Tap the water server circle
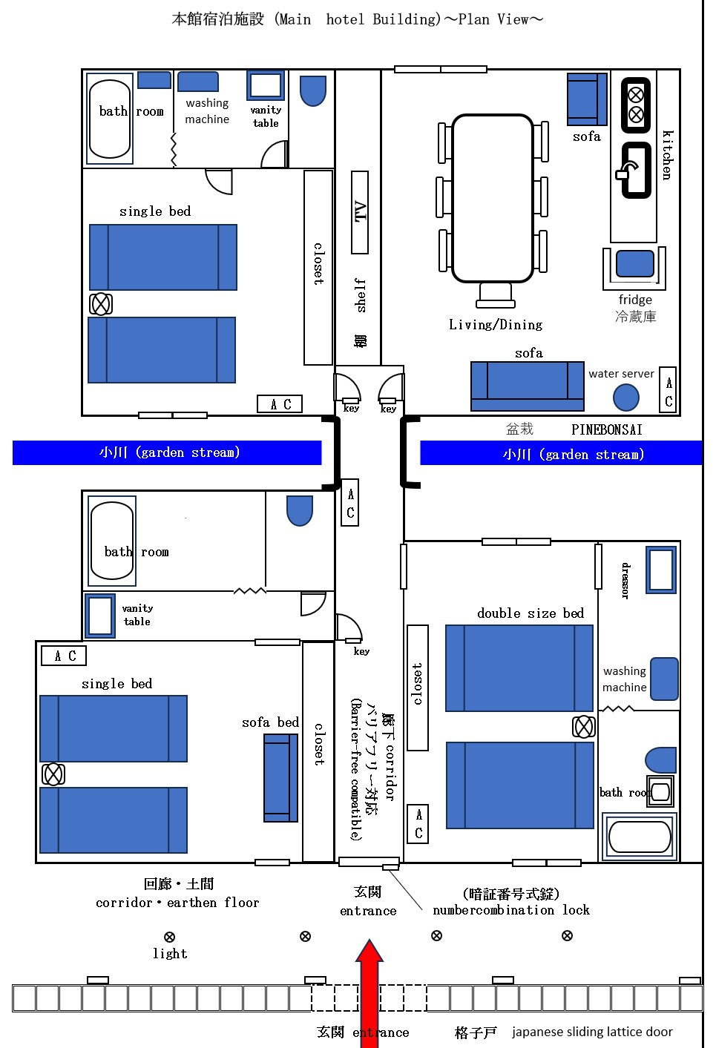click(625, 398)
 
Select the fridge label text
click(635, 300)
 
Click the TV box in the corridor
click(360, 212)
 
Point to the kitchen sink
click(636, 171)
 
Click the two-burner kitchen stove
click(636, 105)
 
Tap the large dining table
click(493, 198)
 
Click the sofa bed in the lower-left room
click(280, 777)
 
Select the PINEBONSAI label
click(606, 429)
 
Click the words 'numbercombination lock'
click(511, 910)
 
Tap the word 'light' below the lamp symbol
click(170, 954)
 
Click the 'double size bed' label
click(531, 613)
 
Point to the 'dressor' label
click(625, 581)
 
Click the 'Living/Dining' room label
click(496, 325)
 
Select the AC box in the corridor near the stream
click(350, 503)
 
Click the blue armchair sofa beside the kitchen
click(587, 99)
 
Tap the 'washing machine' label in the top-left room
click(207, 111)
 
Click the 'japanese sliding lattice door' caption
click(592, 1032)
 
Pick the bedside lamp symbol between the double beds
click(584, 727)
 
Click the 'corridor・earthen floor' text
click(177, 903)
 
